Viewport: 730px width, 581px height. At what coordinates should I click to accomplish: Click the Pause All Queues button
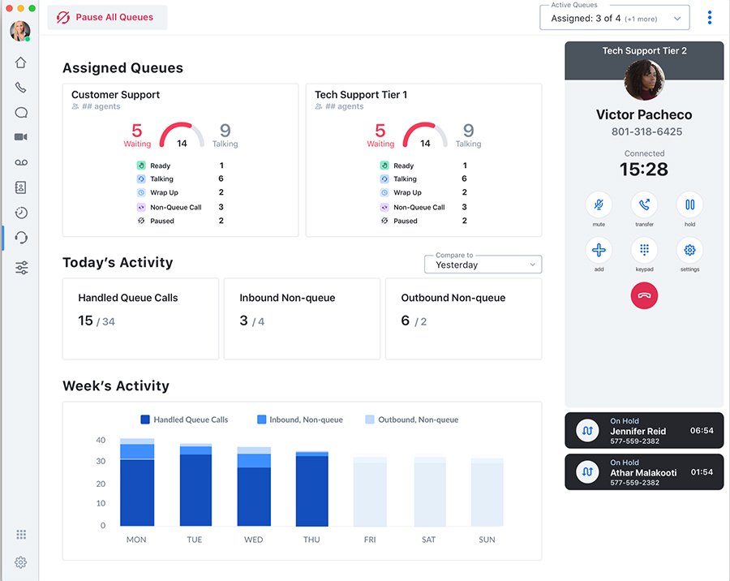(107, 17)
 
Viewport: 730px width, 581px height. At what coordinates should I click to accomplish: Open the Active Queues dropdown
(614, 18)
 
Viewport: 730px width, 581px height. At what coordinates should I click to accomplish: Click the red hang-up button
(644, 295)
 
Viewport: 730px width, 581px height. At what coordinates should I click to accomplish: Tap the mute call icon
(599, 204)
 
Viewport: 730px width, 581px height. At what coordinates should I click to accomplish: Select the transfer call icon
(644, 204)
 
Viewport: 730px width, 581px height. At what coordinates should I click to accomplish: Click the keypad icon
(644, 250)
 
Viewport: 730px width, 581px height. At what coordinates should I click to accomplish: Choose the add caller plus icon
(599, 250)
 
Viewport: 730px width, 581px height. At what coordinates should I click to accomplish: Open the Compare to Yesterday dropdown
(483, 265)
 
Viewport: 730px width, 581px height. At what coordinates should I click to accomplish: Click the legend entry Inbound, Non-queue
(299, 420)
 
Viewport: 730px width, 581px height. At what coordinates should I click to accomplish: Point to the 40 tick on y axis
(101, 440)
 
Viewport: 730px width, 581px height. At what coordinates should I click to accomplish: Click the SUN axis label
(487, 540)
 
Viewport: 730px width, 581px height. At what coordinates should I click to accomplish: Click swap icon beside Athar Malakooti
(586, 471)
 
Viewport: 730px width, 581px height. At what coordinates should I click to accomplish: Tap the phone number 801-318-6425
(646, 131)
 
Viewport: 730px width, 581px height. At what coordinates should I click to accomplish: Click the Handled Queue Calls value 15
(85, 321)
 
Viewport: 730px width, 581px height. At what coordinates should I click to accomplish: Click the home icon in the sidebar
(21, 62)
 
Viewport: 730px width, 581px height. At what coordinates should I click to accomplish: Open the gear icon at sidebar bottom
(21, 562)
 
